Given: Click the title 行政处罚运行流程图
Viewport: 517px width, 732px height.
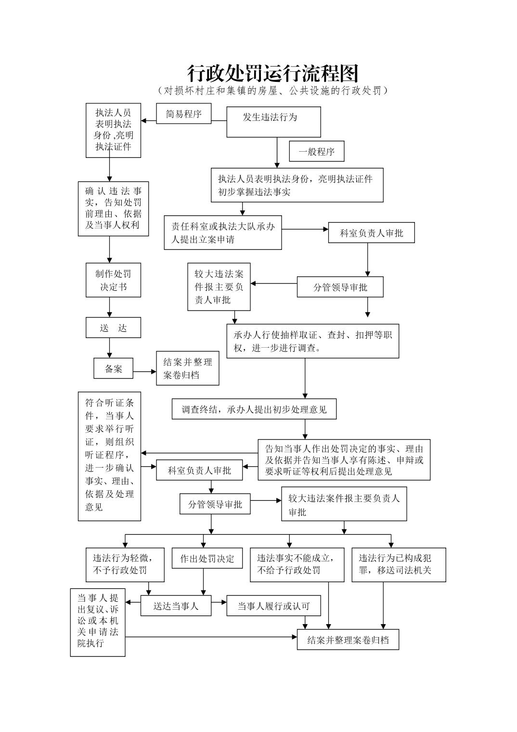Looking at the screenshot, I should coord(273,74).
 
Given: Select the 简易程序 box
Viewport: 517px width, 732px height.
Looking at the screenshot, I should coord(183,114).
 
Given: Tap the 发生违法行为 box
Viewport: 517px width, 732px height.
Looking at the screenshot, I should coord(273,121).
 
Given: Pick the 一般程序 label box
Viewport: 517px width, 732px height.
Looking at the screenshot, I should coord(316,152).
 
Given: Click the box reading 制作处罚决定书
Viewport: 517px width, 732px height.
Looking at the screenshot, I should coord(113,280).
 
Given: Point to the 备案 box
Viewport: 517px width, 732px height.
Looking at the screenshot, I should coord(113,369).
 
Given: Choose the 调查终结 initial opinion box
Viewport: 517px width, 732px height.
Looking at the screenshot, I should coord(254,409).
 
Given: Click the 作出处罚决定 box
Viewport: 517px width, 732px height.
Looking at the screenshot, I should coord(207,558).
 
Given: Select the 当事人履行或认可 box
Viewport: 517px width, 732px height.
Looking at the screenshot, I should coord(273,606).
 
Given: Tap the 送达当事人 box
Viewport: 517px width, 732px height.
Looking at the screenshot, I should coord(176,606).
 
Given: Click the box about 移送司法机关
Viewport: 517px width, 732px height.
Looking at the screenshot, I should coord(398,564).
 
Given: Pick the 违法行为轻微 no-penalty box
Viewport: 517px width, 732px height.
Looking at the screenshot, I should coord(125,564).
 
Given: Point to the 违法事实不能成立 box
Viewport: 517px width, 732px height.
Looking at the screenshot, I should coord(297,564).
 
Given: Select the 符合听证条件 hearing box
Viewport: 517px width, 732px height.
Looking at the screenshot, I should coord(109,456).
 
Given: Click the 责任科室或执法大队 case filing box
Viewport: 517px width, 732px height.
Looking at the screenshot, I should coord(222,233).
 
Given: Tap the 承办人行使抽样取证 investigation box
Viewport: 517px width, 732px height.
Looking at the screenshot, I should coord(312,341).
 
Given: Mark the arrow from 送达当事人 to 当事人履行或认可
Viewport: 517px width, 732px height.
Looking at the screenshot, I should coord(219,602).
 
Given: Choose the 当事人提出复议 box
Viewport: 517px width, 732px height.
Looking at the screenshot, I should coord(98,622).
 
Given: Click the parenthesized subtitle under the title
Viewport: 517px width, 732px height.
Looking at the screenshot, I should coord(273,91).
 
